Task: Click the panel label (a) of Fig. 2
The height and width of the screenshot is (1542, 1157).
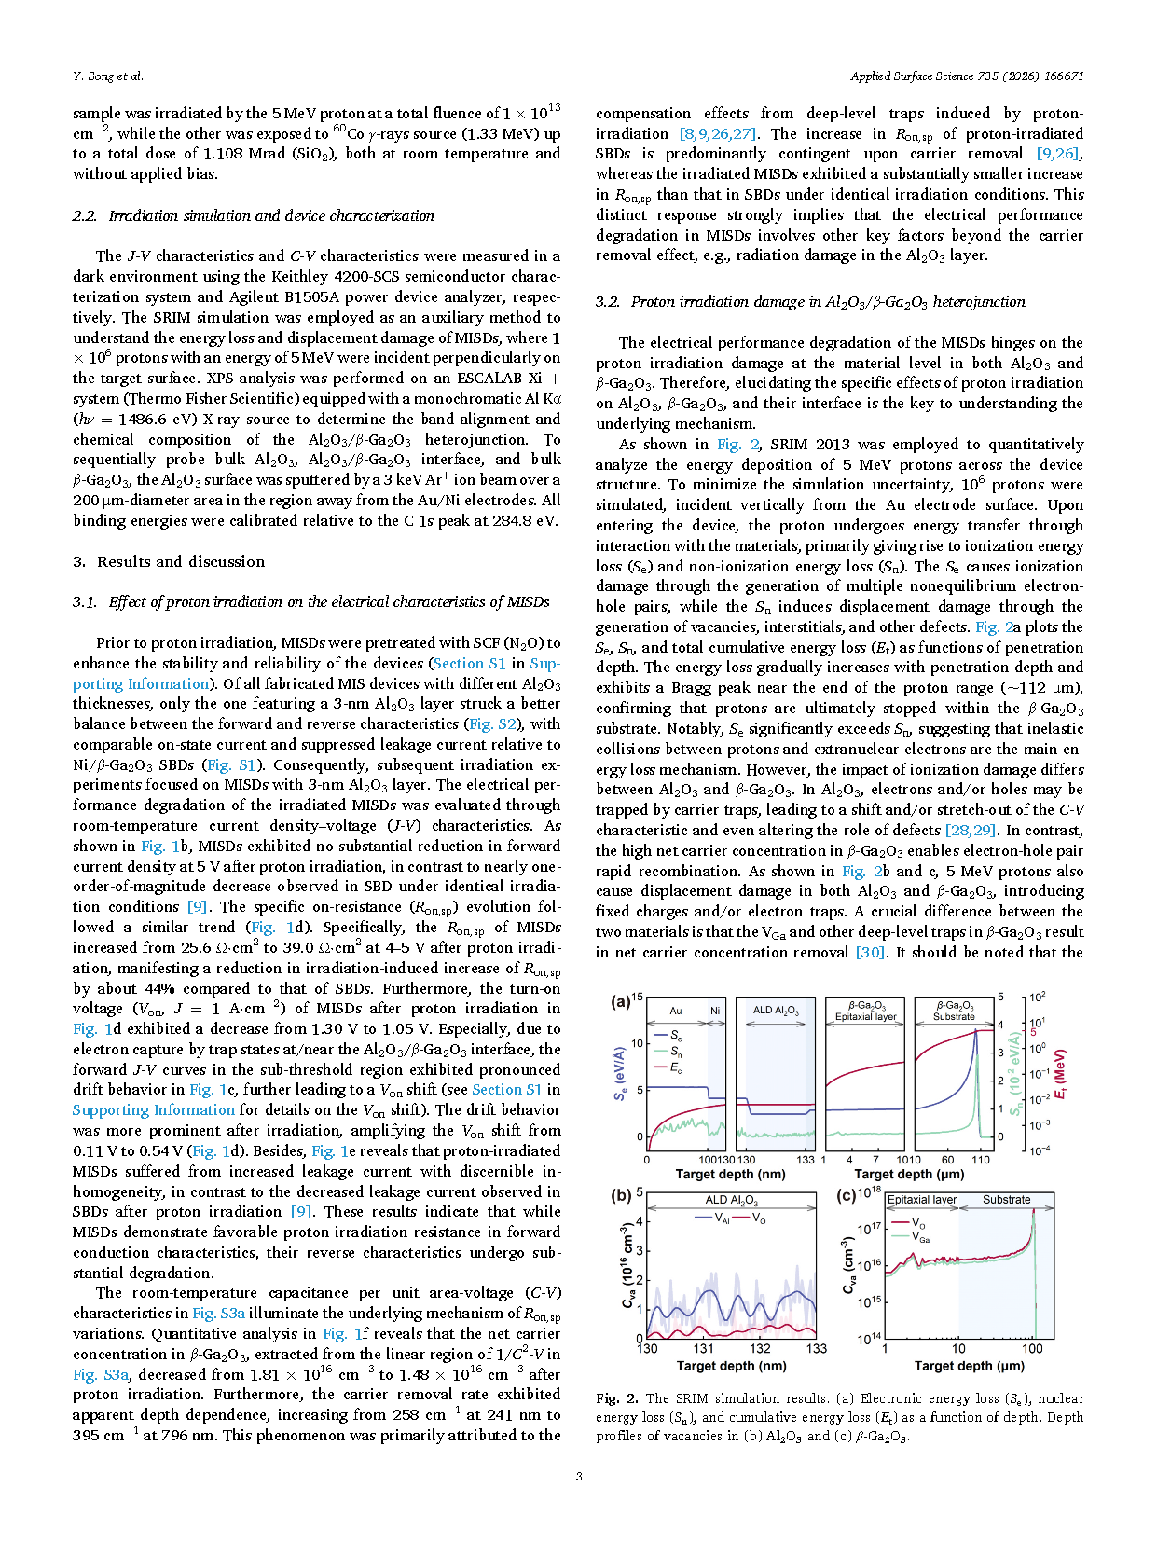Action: click(x=620, y=1002)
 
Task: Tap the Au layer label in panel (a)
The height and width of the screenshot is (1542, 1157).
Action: click(x=676, y=1011)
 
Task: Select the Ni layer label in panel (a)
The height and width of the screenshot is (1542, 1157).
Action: click(x=715, y=1011)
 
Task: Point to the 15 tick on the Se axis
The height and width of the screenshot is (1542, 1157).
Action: click(x=638, y=998)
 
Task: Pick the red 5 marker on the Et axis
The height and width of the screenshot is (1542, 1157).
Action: click(x=1033, y=1033)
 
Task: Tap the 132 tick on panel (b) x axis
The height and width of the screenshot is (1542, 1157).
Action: click(x=760, y=1348)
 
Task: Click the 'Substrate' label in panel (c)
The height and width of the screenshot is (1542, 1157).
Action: click(x=1006, y=1200)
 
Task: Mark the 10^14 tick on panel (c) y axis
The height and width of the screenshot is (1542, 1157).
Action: click(x=869, y=1339)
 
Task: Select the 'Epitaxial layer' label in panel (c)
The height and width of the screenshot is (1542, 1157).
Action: click(x=921, y=1200)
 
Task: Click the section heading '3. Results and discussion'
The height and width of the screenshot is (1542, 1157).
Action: click(x=169, y=561)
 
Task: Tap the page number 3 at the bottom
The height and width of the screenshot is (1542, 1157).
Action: click(x=579, y=1476)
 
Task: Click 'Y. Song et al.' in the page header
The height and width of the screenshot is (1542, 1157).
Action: click(x=108, y=76)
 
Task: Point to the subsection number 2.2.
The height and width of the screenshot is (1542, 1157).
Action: click(x=84, y=215)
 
